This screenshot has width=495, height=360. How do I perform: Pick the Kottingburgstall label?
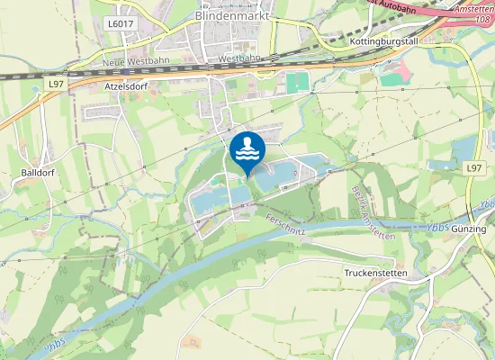tap(383, 42)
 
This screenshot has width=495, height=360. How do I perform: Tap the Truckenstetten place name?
tap(376, 272)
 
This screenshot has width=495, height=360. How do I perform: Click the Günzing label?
tap(469, 229)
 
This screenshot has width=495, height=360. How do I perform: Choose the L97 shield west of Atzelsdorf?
tap(57, 84)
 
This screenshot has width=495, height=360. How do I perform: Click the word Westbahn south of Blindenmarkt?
tap(238, 58)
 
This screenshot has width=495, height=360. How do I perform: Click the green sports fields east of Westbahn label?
tap(298, 82)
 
